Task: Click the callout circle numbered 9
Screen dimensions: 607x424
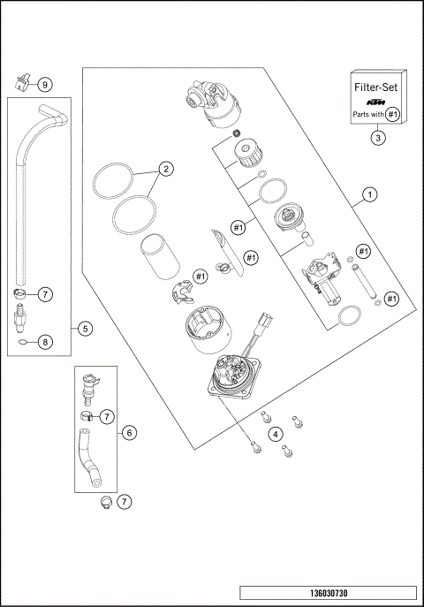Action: [45, 84]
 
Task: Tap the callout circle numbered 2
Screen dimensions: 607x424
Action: [165, 168]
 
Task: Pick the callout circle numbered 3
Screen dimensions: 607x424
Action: [377, 138]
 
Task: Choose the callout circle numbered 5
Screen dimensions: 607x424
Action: [85, 329]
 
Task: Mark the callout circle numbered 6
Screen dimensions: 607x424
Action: [129, 433]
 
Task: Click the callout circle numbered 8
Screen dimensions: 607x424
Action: [45, 342]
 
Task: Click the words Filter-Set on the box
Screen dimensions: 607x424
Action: [377, 88]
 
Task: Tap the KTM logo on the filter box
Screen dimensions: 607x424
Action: [377, 103]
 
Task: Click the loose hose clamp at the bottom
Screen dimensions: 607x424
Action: [104, 503]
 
